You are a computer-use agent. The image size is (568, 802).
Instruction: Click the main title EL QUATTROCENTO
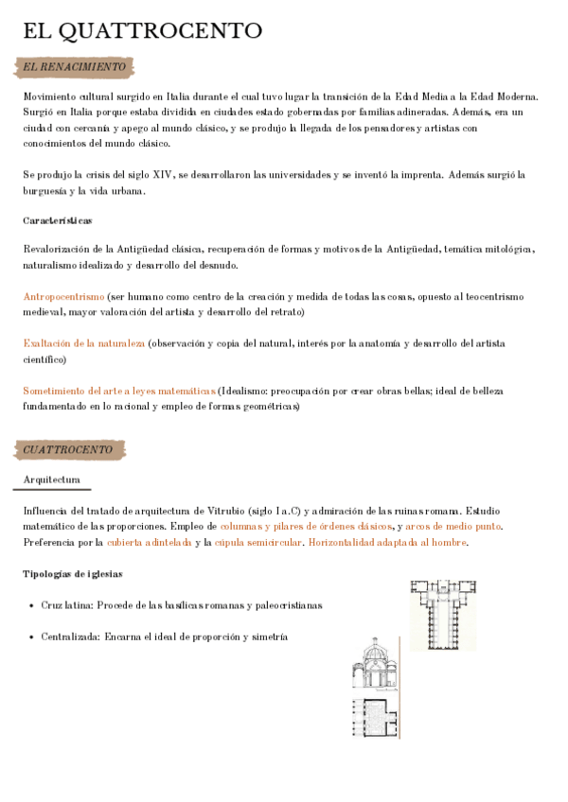pos(143,31)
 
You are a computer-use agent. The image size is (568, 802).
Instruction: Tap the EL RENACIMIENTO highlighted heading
pos(74,67)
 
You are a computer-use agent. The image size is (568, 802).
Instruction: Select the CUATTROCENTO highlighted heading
pos(68,449)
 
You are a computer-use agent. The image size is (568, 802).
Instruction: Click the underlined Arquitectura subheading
pos(52,480)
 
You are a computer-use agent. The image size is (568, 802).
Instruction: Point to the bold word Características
pos(58,220)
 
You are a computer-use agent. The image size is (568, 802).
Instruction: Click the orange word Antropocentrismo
pos(63,296)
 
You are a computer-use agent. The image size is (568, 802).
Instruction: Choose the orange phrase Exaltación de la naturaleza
pos(84,343)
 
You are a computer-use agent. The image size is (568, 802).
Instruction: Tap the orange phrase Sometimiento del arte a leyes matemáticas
pos(119,391)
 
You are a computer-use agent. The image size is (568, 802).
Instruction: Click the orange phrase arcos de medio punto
pos(453,526)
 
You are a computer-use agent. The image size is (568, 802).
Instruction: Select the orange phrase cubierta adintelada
pos(149,542)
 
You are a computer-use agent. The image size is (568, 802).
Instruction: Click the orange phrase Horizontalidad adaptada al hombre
pos(388,542)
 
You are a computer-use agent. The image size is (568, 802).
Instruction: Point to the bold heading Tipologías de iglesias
pos(72,574)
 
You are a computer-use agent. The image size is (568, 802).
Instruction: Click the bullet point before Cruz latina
pos(31,605)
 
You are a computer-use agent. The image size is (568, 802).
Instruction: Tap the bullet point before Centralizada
pos(31,637)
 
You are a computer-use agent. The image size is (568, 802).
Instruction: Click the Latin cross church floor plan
pos(443,615)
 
